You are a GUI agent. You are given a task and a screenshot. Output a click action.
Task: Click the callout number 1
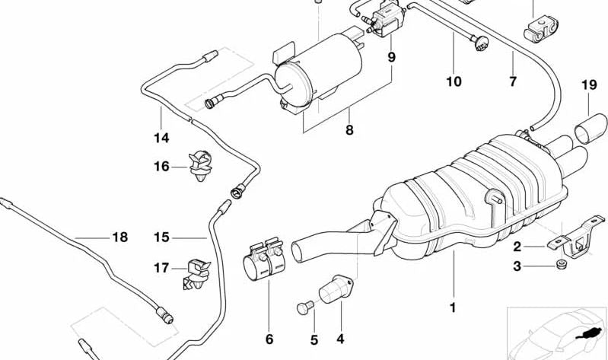point(454,308)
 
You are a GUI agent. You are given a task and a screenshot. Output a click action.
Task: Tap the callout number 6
point(269,339)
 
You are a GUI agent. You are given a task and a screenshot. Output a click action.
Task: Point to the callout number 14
point(161,139)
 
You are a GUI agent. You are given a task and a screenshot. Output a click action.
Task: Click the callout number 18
point(120,237)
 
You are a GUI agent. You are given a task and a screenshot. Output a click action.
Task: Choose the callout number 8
point(349,130)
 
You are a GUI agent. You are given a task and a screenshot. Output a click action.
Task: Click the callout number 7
point(513,81)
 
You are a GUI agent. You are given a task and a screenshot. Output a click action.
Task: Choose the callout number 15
point(161,237)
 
